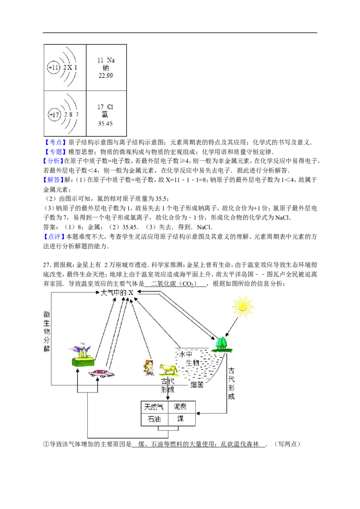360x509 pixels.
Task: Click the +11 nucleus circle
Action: click(x=54, y=67)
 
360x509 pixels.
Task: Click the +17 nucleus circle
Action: click(x=54, y=115)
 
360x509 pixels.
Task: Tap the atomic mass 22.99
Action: click(x=106, y=76)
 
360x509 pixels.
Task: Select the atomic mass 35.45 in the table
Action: click(x=105, y=123)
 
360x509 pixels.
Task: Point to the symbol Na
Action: click(x=110, y=60)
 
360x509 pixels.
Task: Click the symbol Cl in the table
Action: click(x=110, y=107)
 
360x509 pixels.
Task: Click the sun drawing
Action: click(x=243, y=307)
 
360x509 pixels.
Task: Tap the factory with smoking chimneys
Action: click(x=83, y=356)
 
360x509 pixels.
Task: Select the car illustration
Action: click(x=101, y=373)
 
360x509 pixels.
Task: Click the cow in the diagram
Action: click(x=169, y=370)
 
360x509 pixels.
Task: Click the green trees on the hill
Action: click(x=222, y=344)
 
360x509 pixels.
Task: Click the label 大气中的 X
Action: click(x=117, y=292)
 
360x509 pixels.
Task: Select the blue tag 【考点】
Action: click(x=54, y=142)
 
